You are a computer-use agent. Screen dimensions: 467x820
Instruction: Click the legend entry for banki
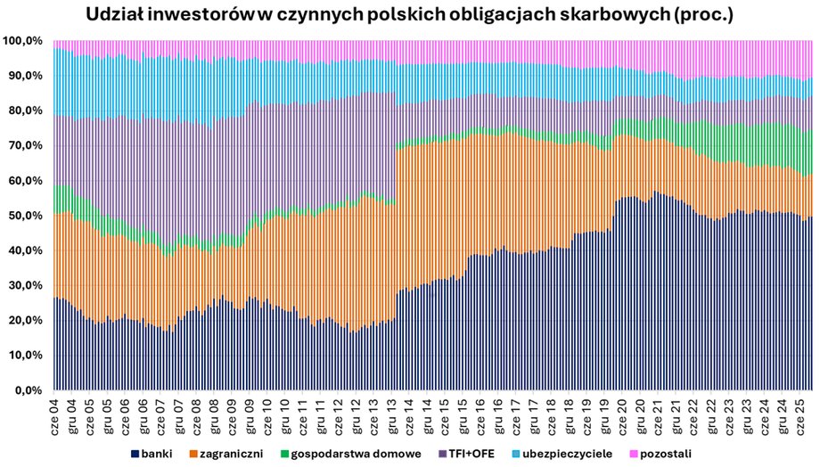(152, 454)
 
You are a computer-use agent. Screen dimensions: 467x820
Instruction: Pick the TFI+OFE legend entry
(470, 454)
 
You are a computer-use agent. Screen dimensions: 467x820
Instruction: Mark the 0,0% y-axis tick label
(27, 390)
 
